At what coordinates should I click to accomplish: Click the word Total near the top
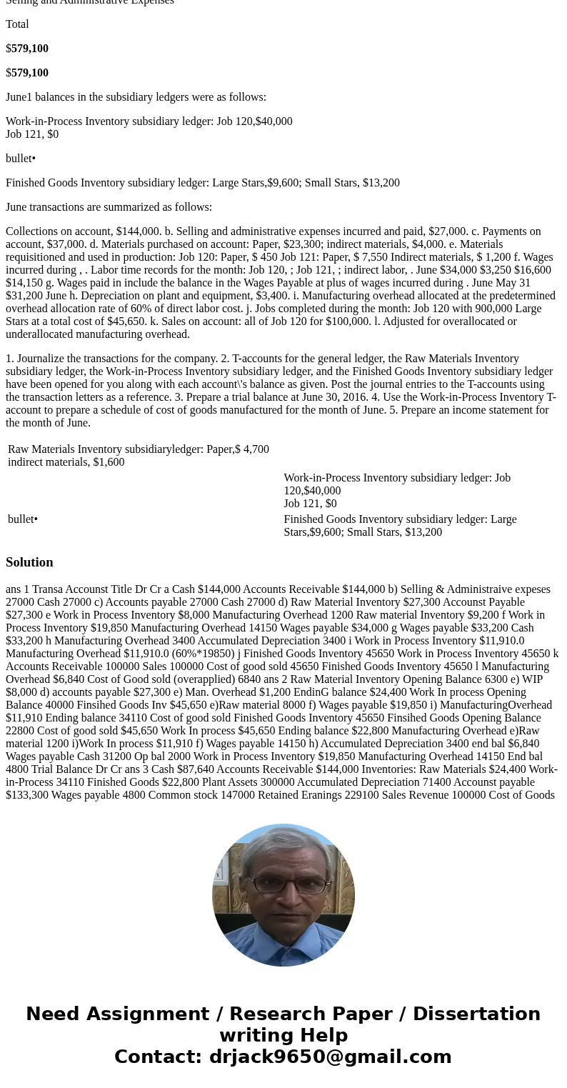click(17, 24)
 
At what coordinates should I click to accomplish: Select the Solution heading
click(29, 562)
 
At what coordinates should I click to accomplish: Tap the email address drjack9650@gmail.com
click(330, 1057)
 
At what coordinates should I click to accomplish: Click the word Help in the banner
click(323, 1035)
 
